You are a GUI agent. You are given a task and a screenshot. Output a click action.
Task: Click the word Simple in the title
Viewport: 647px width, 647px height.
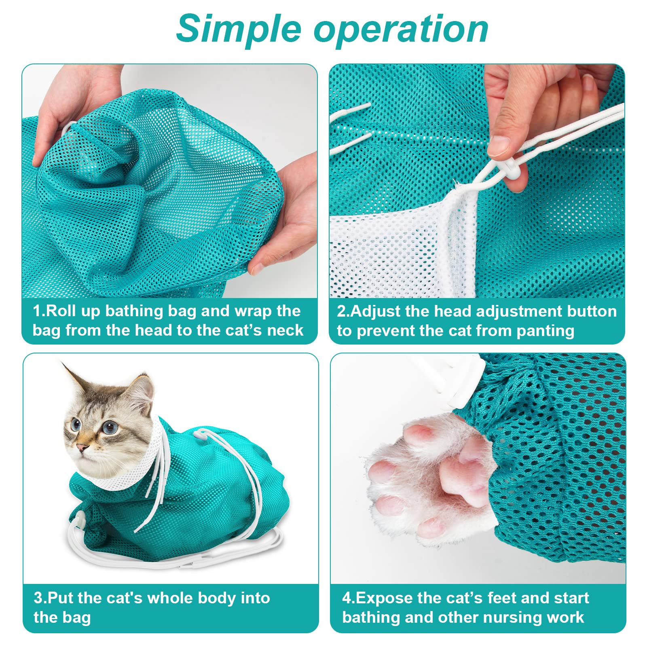[x=239, y=29]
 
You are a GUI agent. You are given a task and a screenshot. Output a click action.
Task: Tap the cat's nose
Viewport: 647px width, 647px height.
[x=82, y=447]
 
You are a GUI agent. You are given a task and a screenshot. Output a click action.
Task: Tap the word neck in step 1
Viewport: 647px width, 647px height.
[x=285, y=330]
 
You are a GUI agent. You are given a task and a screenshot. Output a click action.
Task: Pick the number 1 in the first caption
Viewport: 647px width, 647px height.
[x=38, y=311]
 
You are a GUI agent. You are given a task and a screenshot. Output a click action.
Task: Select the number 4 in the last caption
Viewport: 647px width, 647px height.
[x=347, y=598]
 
